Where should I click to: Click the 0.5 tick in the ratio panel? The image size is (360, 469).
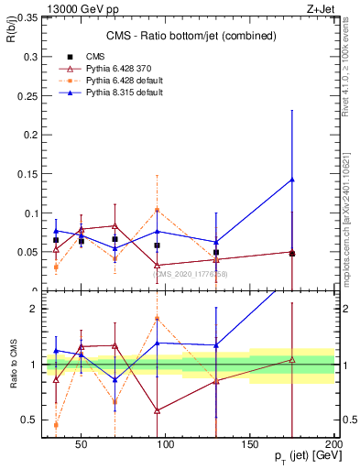pyautogui.click(x=27, y=420)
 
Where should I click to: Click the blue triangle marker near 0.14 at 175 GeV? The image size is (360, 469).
pyautogui.click(x=292, y=180)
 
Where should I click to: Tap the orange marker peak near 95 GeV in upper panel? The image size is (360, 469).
pyautogui.click(x=158, y=210)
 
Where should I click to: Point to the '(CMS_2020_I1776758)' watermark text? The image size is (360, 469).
pyautogui.click(x=191, y=274)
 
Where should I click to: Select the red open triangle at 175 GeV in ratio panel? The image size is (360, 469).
pyautogui.click(x=292, y=360)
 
